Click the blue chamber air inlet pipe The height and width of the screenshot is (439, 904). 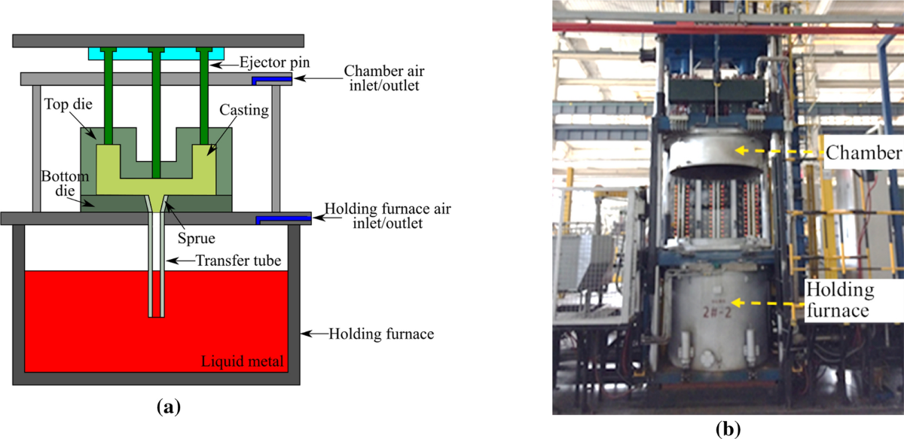[x=271, y=79]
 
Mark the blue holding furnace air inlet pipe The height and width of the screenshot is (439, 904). [x=282, y=219]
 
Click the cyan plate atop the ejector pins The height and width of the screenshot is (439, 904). [x=157, y=54]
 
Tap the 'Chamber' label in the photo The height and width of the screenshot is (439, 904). [x=863, y=154]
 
